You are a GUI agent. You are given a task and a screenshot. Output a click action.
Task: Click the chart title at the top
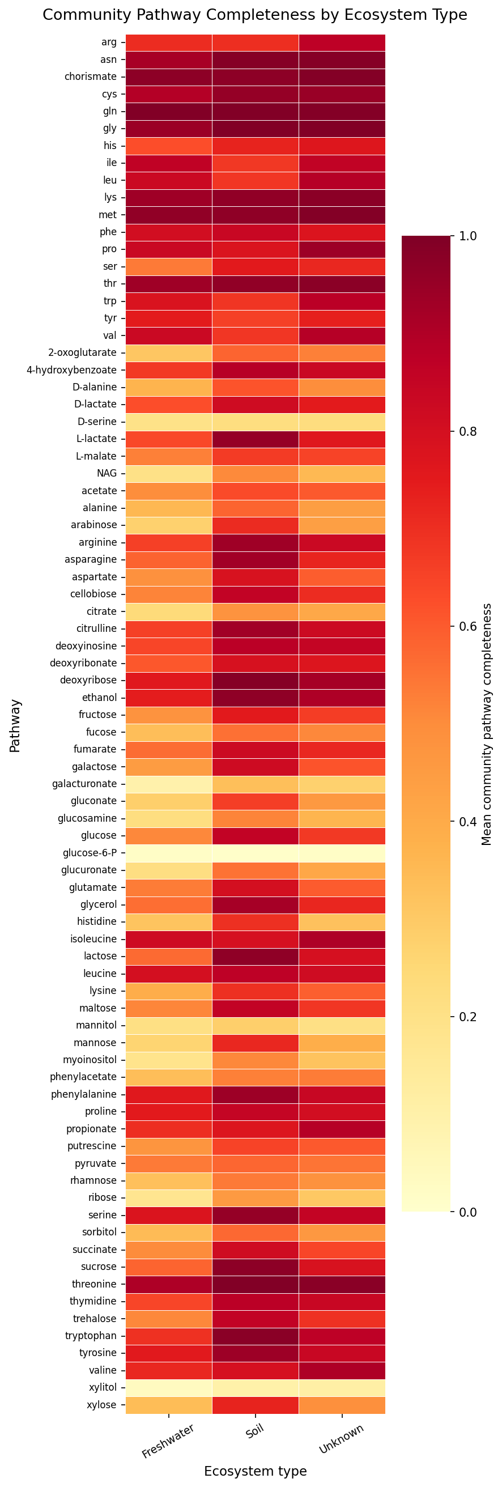coord(254,15)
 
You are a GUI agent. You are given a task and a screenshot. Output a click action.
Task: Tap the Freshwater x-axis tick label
coord(168,1442)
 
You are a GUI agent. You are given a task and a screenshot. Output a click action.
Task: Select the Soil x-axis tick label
coord(255,1433)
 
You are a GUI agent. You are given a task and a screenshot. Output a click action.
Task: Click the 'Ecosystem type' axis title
coord(255,1471)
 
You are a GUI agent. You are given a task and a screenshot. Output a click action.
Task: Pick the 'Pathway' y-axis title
coord(15,726)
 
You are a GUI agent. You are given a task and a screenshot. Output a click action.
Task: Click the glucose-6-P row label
coord(90,853)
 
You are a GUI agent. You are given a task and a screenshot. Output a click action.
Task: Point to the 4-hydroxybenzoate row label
coord(71,370)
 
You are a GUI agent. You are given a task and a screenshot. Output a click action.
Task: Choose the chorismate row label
coord(91,77)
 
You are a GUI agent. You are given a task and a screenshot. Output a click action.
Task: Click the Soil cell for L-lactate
coord(255,439)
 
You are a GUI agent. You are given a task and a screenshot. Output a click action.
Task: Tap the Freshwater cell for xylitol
coord(168,1387)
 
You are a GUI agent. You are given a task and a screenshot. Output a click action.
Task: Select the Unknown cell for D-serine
coord(342,422)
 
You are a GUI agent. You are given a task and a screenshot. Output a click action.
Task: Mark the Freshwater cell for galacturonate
coord(168,784)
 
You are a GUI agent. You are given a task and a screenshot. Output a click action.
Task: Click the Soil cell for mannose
coord(255,1043)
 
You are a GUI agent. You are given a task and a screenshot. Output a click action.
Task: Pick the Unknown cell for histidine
coord(342,922)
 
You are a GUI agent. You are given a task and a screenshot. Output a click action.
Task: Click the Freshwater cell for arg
coord(168,42)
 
